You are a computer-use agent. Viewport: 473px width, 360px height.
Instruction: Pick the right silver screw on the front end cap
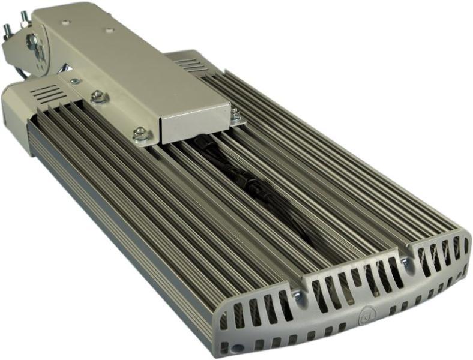(x=406, y=262)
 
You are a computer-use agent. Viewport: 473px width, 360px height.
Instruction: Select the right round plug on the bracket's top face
(x=110, y=29)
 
